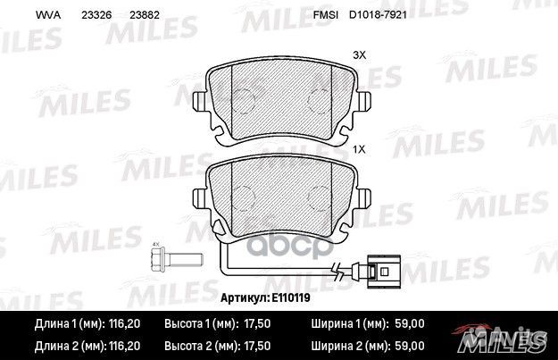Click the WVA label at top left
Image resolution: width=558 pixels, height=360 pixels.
click(46, 15)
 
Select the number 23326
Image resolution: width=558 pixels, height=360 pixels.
click(95, 15)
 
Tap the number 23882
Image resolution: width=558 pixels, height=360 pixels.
click(144, 15)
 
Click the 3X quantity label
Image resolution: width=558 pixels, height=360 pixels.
click(360, 55)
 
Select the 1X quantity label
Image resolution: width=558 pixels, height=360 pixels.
click(360, 150)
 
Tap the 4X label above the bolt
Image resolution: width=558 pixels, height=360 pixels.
click(154, 244)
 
